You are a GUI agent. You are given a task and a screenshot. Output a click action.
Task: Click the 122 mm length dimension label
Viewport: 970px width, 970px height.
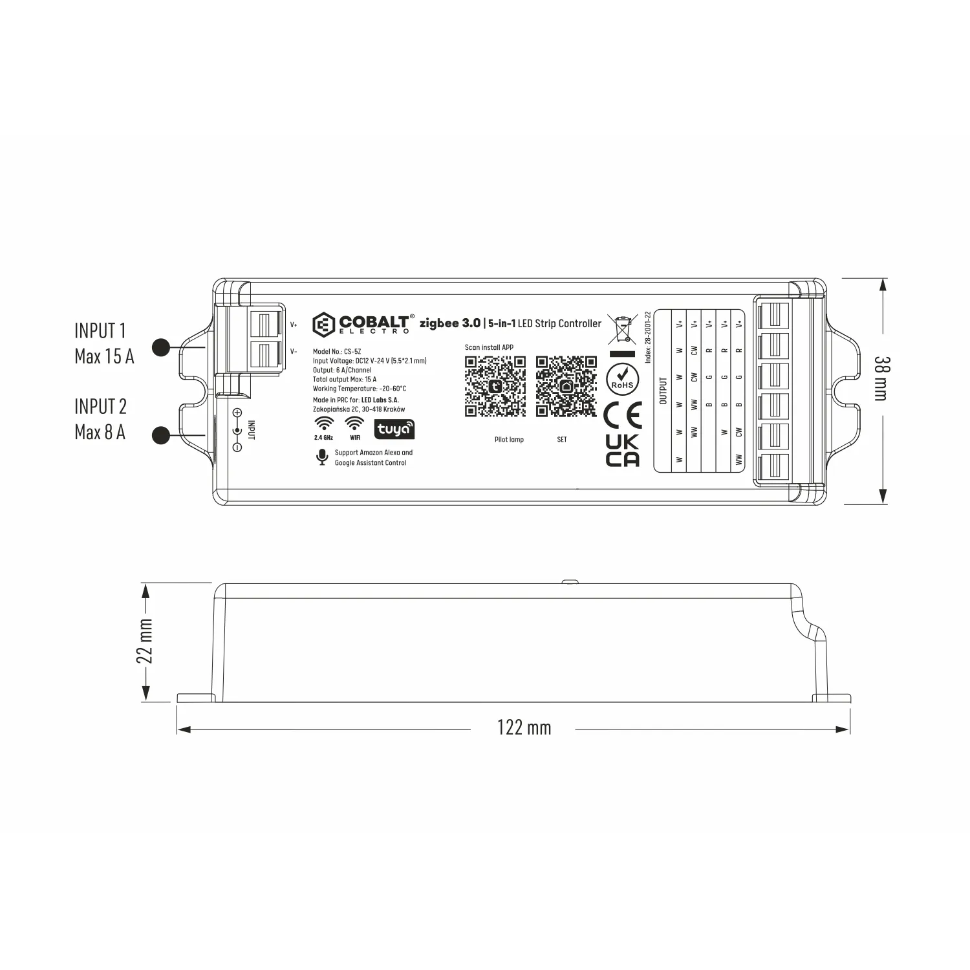click(524, 728)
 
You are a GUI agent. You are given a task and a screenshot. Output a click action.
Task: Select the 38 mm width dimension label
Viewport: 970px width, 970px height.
click(881, 378)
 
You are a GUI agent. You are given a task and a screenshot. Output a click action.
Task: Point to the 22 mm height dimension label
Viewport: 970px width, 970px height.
click(145, 641)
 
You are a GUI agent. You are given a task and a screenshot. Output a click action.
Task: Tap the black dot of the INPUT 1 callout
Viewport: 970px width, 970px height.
click(161, 347)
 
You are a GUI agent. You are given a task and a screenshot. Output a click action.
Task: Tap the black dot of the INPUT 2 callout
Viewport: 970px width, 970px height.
click(161, 435)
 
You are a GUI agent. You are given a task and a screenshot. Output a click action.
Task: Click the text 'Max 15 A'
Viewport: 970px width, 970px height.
click(104, 356)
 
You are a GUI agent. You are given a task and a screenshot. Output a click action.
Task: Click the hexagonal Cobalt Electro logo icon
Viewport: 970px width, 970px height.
click(323, 324)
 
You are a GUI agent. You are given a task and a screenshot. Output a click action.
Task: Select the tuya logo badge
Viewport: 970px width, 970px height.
click(394, 429)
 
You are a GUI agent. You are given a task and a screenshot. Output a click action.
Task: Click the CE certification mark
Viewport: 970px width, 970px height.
click(622, 415)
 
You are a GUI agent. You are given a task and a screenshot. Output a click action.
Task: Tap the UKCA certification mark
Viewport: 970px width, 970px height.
click(622, 451)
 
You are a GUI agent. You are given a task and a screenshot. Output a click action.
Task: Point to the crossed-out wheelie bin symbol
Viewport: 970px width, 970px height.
click(622, 329)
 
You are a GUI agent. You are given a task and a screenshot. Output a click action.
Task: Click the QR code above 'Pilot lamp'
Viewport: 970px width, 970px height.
click(495, 386)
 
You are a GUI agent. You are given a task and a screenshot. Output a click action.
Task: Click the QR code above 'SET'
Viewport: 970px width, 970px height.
click(566, 386)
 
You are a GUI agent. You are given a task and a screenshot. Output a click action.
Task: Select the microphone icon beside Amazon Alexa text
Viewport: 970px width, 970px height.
click(321, 457)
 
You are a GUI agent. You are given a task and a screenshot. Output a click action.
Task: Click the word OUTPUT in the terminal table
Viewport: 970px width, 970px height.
click(663, 391)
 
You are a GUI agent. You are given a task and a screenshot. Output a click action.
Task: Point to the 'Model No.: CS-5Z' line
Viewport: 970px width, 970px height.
click(337, 352)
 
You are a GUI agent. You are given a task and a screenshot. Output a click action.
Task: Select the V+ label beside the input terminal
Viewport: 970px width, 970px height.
click(294, 325)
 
